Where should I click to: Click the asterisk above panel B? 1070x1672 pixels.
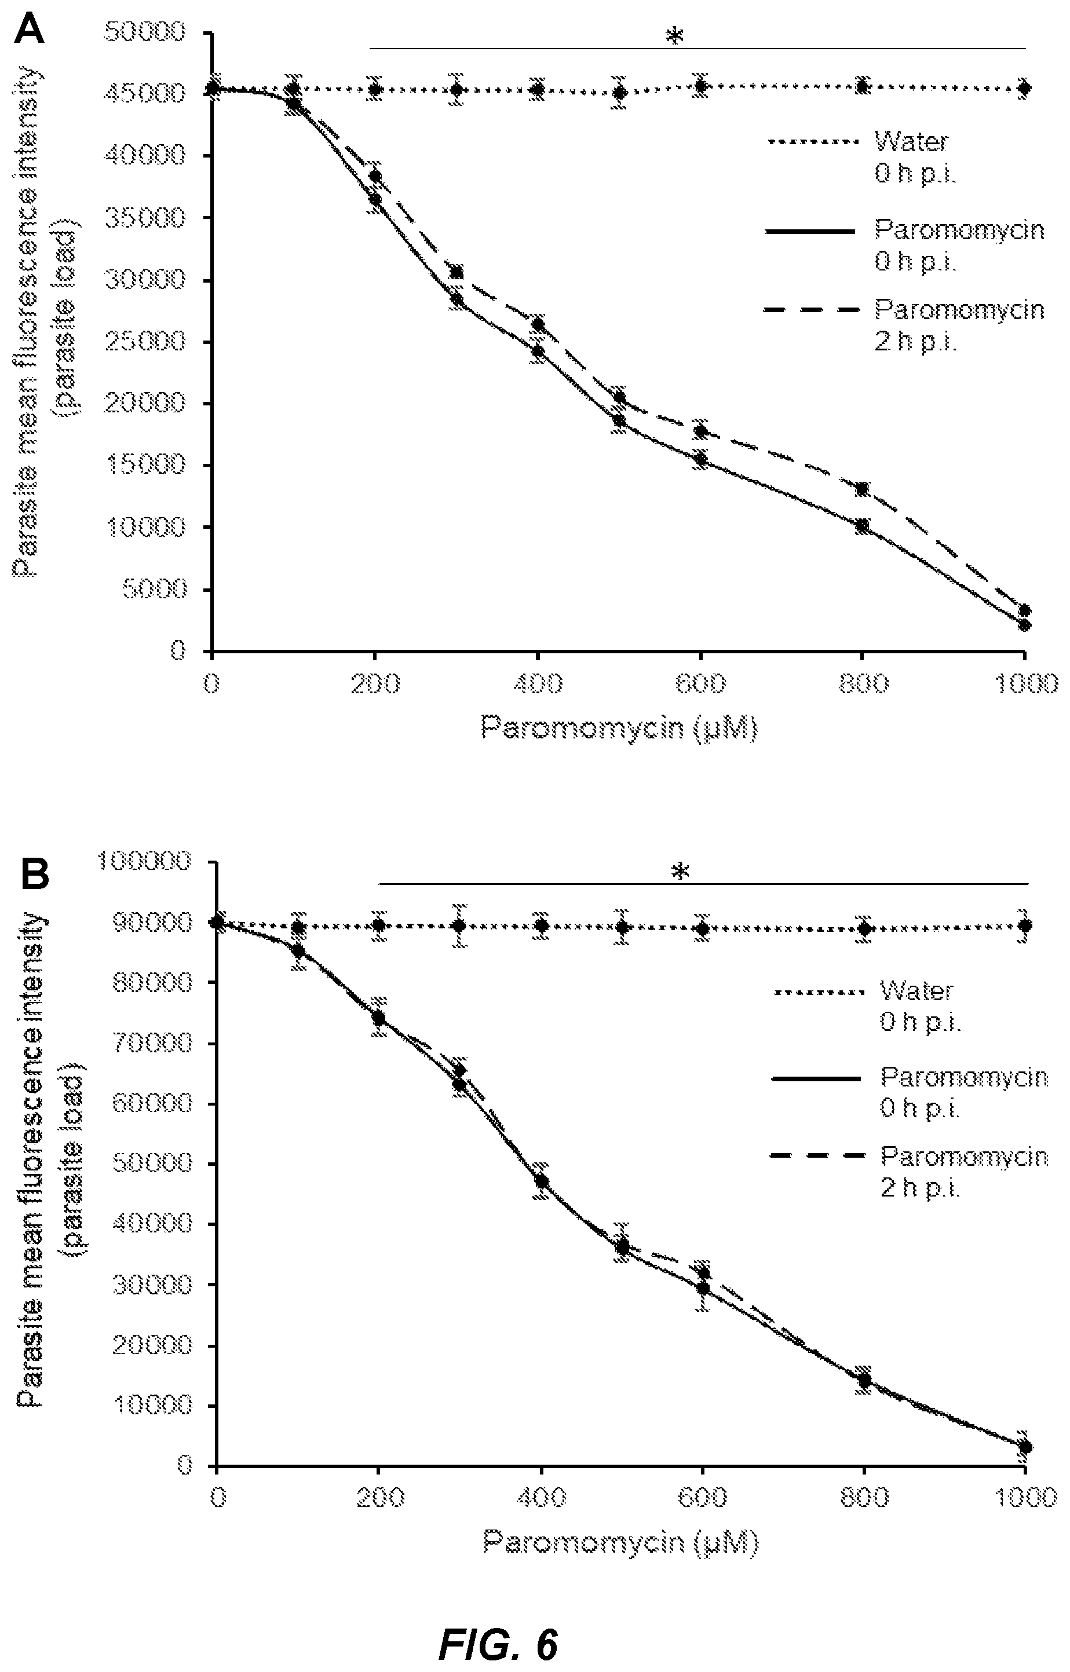(681, 872)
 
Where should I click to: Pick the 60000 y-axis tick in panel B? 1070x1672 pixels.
(151, 1104)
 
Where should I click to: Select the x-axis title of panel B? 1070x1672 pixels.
(621, 1542)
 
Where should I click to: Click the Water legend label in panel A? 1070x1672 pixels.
(911, 142)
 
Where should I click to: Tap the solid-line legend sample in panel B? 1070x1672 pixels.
(816, 1077)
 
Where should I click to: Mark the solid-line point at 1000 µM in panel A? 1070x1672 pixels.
(1024, 625)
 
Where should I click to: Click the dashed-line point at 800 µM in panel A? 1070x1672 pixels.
(861, 489)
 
